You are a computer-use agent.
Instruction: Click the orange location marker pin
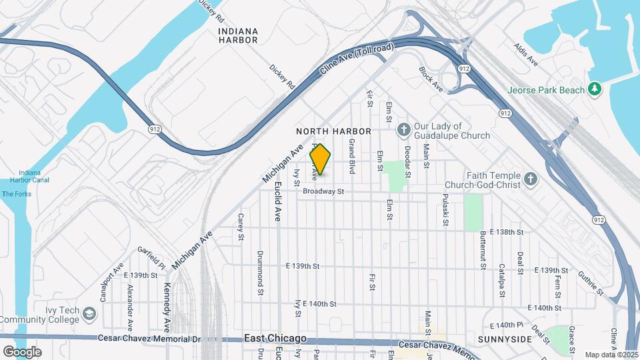[321, 159]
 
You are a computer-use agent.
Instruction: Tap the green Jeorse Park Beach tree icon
[595, 90]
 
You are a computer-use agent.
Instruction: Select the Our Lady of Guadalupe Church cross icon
[403, 129]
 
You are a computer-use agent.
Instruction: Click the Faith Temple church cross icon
[530, 179]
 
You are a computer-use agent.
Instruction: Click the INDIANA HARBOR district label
[238, 35]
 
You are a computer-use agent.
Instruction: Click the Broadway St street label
[323, 191]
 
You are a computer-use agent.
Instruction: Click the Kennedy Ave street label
[167, 307]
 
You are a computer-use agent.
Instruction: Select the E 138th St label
[507, 232]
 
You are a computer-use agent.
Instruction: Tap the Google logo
[22, 351]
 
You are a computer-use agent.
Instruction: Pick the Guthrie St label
[591, 283]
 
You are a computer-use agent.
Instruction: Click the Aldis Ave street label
[526, 55]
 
